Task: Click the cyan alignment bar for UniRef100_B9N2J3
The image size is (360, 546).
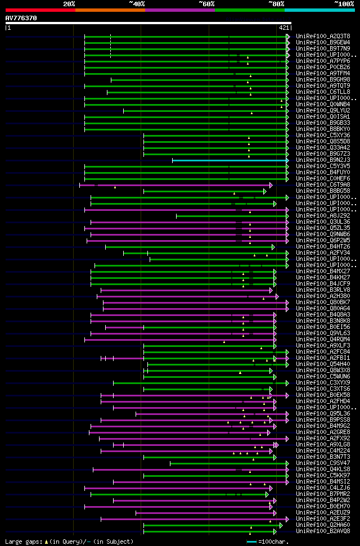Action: point(231,160)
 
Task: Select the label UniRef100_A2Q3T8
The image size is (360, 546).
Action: point(324,36)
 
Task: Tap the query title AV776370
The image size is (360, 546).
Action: point(21,18)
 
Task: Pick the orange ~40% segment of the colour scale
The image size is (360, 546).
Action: point(110,10)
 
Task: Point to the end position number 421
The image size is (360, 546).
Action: point(284,27)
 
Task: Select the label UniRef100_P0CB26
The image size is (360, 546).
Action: point(324,67)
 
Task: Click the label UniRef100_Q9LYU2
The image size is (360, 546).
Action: point(324,111)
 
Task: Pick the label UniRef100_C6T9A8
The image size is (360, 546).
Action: point(324,185)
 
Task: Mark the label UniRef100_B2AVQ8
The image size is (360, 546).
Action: point(324,531)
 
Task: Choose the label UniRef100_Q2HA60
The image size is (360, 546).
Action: point(324,525)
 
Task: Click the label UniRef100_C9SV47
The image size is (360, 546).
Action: point(324,463)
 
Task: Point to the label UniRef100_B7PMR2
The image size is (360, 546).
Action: point(324,494)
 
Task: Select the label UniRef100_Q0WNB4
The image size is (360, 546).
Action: point(324,105)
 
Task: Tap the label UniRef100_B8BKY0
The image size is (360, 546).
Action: point(324,129)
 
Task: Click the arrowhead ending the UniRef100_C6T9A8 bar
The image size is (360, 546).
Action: point(271,185)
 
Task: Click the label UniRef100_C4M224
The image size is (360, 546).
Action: point(324,450)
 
